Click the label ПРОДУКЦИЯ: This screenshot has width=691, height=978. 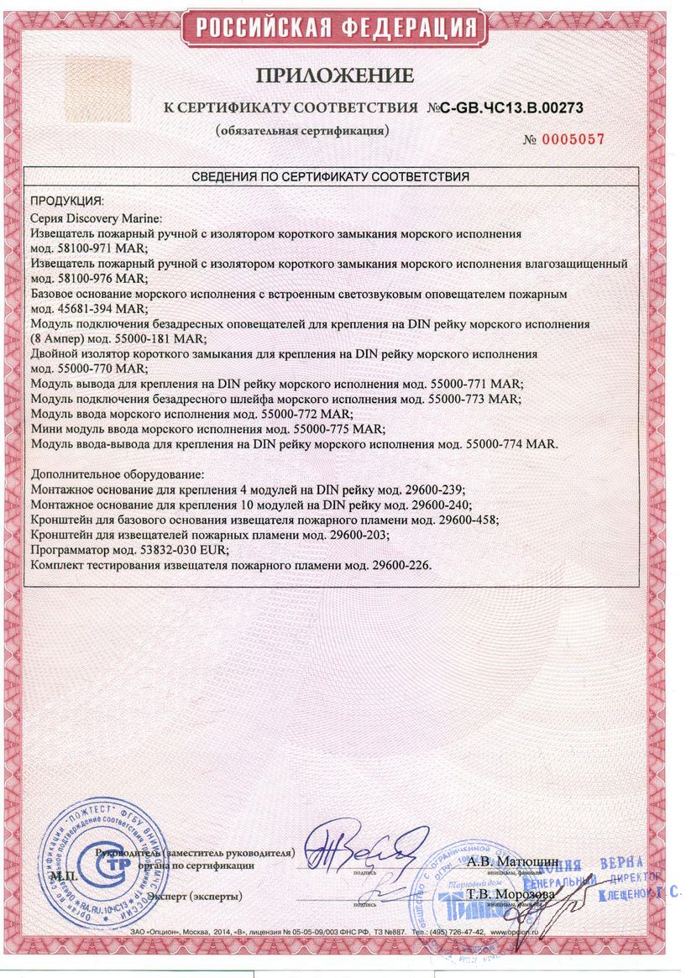click(x=67, y=201)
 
